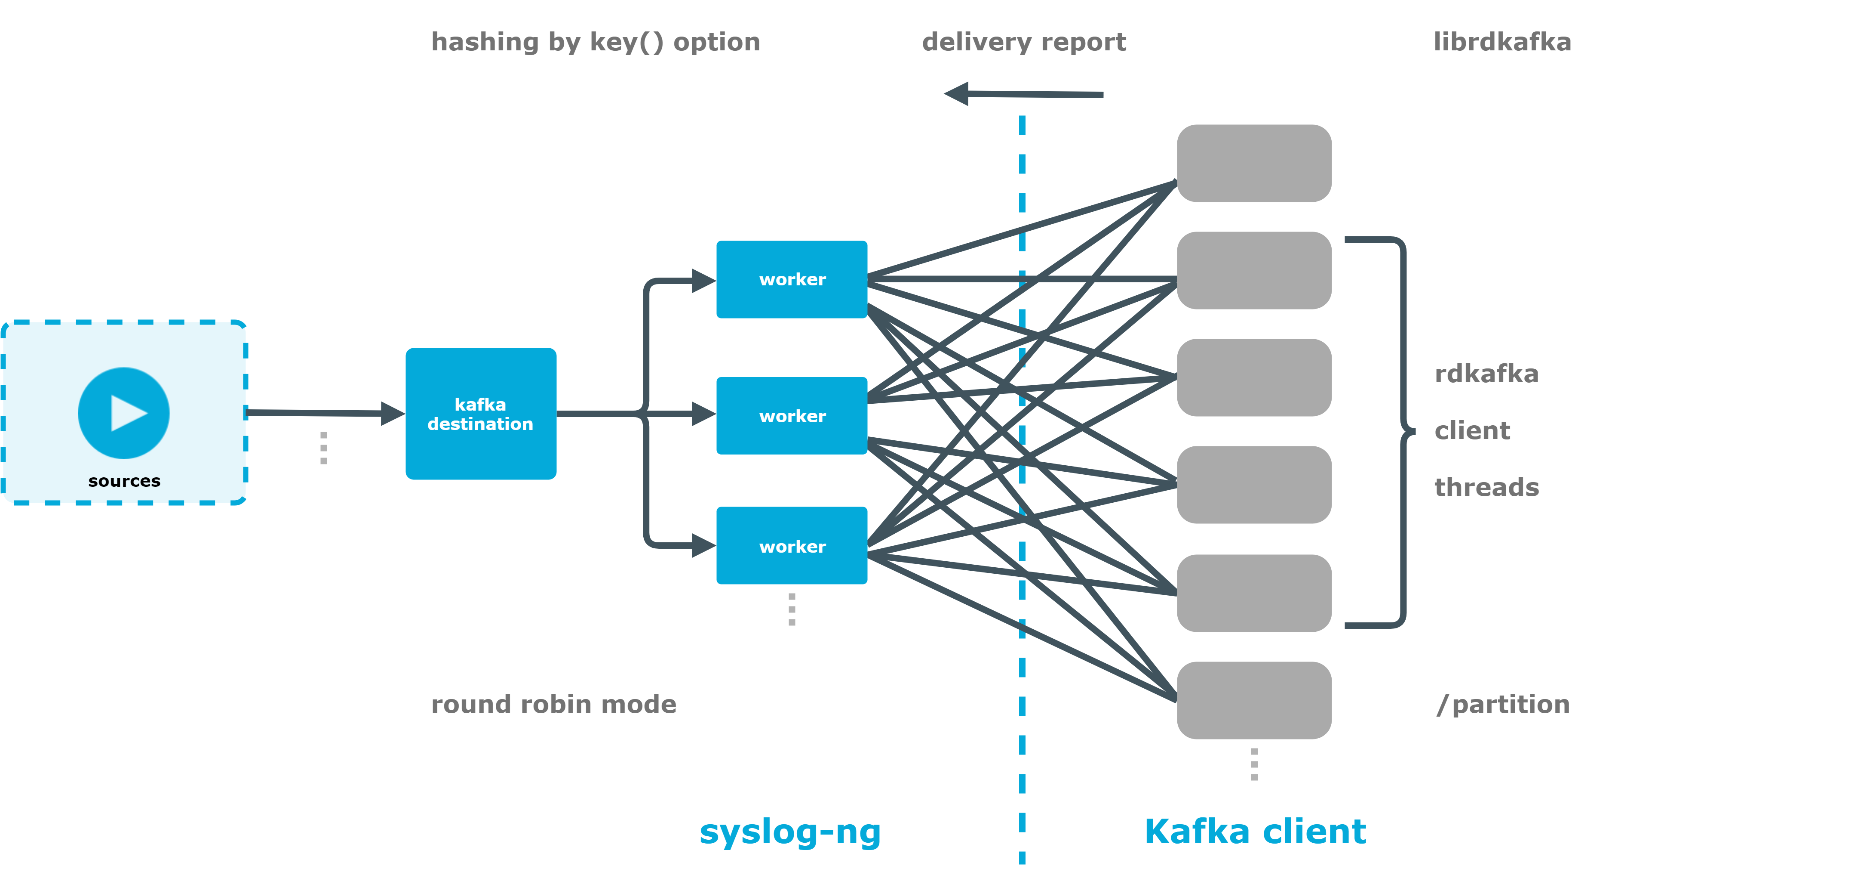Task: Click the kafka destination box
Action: click(x=480, y=414)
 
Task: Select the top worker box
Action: click(x=792, y=279)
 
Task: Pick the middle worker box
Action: click(x=792, y=416)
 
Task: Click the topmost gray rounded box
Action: click(x=1253, y=163)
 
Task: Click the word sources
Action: click(x=124, y=481)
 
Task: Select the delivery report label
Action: click(x=1023, y=42)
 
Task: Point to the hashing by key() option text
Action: click(x=596, y=42)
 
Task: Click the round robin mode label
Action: click(x=553, y=704)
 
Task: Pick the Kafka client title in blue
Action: click(x=1255, y=832)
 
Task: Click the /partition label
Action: click(x=1503, y=704)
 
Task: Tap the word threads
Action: click(x=1486, y=487)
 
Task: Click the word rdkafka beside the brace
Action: click(x=1486, y=374)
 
